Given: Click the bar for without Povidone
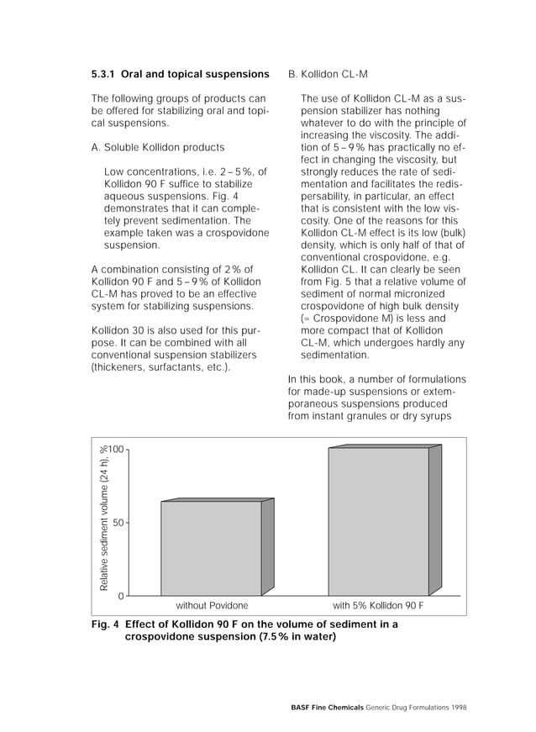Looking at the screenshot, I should pyautogui.click(x=211, y=548).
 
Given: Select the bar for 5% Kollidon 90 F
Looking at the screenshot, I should pyautogui.click(x=378, y=522).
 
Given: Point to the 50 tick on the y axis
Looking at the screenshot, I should pyautogui.click(x=119, y=523).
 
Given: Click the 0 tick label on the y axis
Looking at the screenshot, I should pyautogui.click(x=121, y=596).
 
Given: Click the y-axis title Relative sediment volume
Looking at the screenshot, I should pyautogui.click(x=104, y=517).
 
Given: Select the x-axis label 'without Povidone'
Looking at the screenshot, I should pyautogui.click(x=212, y=605).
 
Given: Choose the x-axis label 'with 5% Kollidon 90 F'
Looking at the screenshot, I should pyautogui.click(x=378, y=605).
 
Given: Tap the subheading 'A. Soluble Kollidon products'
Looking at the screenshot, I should pyautogui.click(x=157, y=147).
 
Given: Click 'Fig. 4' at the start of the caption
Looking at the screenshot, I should pyautogui.click(x=105, y=624).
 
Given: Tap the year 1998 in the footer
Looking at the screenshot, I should pyautogui.click(x=458, y=708).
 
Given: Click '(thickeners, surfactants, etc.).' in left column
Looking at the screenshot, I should pyautogui.click(x=160, y=366).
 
